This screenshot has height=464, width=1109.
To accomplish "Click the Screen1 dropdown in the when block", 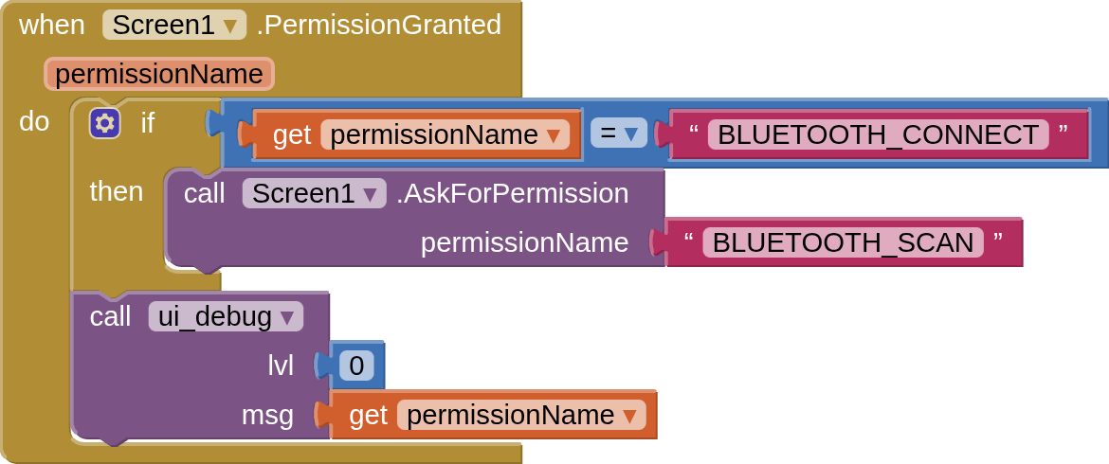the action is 174,25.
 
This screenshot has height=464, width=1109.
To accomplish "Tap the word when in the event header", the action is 51,26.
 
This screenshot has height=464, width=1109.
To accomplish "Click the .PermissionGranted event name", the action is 378,26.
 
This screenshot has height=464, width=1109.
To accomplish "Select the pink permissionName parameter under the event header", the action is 159,74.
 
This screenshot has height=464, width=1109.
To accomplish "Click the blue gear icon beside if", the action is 104,124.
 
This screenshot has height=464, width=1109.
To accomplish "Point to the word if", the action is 147,123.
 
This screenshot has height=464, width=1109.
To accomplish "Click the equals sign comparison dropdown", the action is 618,133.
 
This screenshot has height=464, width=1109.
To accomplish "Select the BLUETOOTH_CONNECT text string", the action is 878,134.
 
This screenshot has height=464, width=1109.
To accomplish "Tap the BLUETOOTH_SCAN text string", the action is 843,242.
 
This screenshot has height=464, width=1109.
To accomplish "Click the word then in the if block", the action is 117,191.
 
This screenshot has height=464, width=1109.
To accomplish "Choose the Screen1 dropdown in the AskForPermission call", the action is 314,193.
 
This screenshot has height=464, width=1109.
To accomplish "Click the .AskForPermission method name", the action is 512,193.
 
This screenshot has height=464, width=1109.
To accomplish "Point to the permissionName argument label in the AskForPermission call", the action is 525,242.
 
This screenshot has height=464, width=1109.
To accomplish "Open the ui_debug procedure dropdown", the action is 226,316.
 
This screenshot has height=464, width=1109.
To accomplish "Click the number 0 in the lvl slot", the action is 356,366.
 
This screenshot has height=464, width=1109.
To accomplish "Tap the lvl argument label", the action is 280,366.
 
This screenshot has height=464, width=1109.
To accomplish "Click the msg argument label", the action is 267,416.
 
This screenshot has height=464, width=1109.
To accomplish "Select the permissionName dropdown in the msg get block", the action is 521,416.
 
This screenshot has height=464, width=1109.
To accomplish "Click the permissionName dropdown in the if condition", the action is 445,134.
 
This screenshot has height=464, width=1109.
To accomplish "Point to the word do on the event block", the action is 35,122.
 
